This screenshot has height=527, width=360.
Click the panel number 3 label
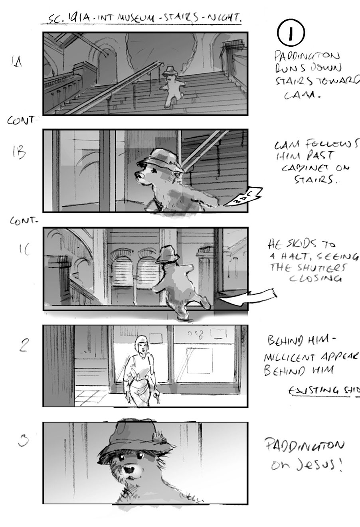pos(24,441)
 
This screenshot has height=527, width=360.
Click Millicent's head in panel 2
pos(140,343)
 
